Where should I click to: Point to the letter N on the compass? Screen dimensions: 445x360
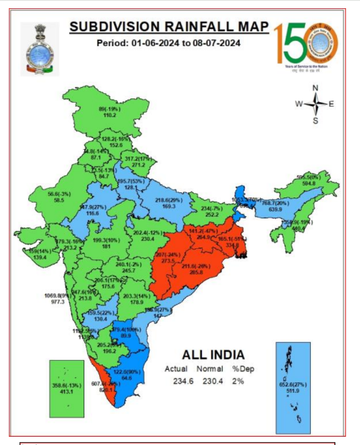coord(315,88)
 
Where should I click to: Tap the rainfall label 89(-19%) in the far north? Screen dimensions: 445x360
coord(110,109)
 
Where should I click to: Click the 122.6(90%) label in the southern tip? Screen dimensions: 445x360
coord(127,370)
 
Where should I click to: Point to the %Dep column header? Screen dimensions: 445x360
coord(239,367)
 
